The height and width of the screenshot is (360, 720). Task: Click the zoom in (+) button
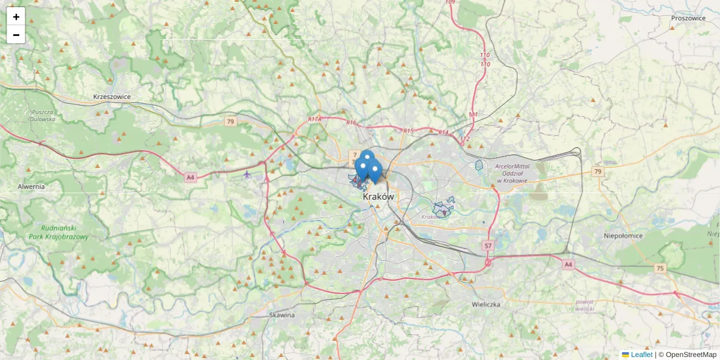(16, 17)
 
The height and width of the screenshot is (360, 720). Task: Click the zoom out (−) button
(16, 35)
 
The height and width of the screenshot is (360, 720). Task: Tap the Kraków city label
(378, 196)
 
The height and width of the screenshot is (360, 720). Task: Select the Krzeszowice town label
(112, 97)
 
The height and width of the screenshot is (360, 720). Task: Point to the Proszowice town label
(688, 18)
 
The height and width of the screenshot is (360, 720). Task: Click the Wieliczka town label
(486, 304)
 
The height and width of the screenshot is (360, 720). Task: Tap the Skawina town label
(282, 314)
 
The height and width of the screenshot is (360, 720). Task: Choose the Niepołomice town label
(623, 236)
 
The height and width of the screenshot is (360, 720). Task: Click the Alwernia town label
(31, 187)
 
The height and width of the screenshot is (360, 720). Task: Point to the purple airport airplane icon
(247, 174)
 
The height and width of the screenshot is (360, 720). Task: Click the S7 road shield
(488, 246)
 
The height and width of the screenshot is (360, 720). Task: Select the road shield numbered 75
(661, 268)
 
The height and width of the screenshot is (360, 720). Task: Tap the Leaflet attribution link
(641, 355)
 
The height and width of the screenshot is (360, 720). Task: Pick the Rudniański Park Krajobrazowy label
(58, 232)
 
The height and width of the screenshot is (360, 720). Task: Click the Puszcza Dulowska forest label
(43, 115)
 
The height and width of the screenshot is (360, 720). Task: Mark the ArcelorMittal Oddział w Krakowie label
(511, 173)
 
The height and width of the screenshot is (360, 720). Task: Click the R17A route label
(315, 119)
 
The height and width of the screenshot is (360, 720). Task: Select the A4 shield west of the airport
(190, 177)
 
